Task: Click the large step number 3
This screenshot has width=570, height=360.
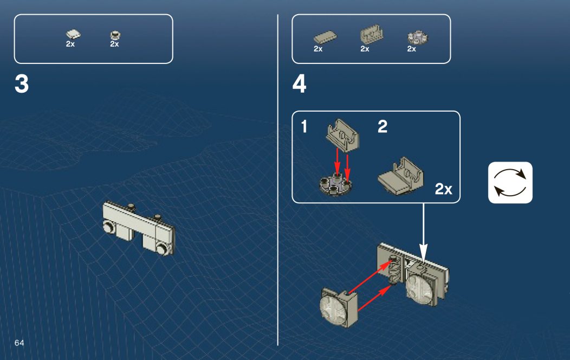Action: (22, 84)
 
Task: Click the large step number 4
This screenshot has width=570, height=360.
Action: (299, 84)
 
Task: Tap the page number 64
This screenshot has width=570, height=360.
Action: (20, 343)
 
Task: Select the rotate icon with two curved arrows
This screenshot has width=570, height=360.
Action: (510, 183)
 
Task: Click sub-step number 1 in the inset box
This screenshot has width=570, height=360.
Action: (305, 126)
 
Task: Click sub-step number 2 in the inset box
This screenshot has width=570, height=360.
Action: (383, 126)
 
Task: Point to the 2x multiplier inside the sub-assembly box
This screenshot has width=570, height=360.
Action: (444, 189)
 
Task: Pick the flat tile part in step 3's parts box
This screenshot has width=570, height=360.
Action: (73, 34)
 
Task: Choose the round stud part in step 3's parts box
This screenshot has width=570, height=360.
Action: (115, 35)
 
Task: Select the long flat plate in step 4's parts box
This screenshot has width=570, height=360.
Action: (325, 37)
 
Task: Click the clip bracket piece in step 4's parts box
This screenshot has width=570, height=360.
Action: (372, 35)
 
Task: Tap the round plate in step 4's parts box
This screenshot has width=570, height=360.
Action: (418, 37)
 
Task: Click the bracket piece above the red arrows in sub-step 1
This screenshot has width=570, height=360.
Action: (342, 135)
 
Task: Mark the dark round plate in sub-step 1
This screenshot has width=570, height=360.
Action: (335, 185)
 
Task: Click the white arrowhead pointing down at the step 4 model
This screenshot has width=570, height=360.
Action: (423, 253)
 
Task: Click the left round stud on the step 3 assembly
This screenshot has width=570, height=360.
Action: (108, 227)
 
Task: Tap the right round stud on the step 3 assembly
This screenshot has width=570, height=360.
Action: (162, 249)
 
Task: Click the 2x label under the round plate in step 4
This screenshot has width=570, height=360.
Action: (411, 49)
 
